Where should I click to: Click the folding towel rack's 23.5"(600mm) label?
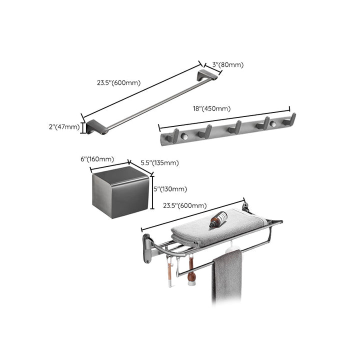[184, 205]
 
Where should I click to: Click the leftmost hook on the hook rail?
[175, 134]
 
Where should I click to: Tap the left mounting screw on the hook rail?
[184, 135]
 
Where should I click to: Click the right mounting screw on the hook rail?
[272, 123]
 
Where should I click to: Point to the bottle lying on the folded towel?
[218, 219]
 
